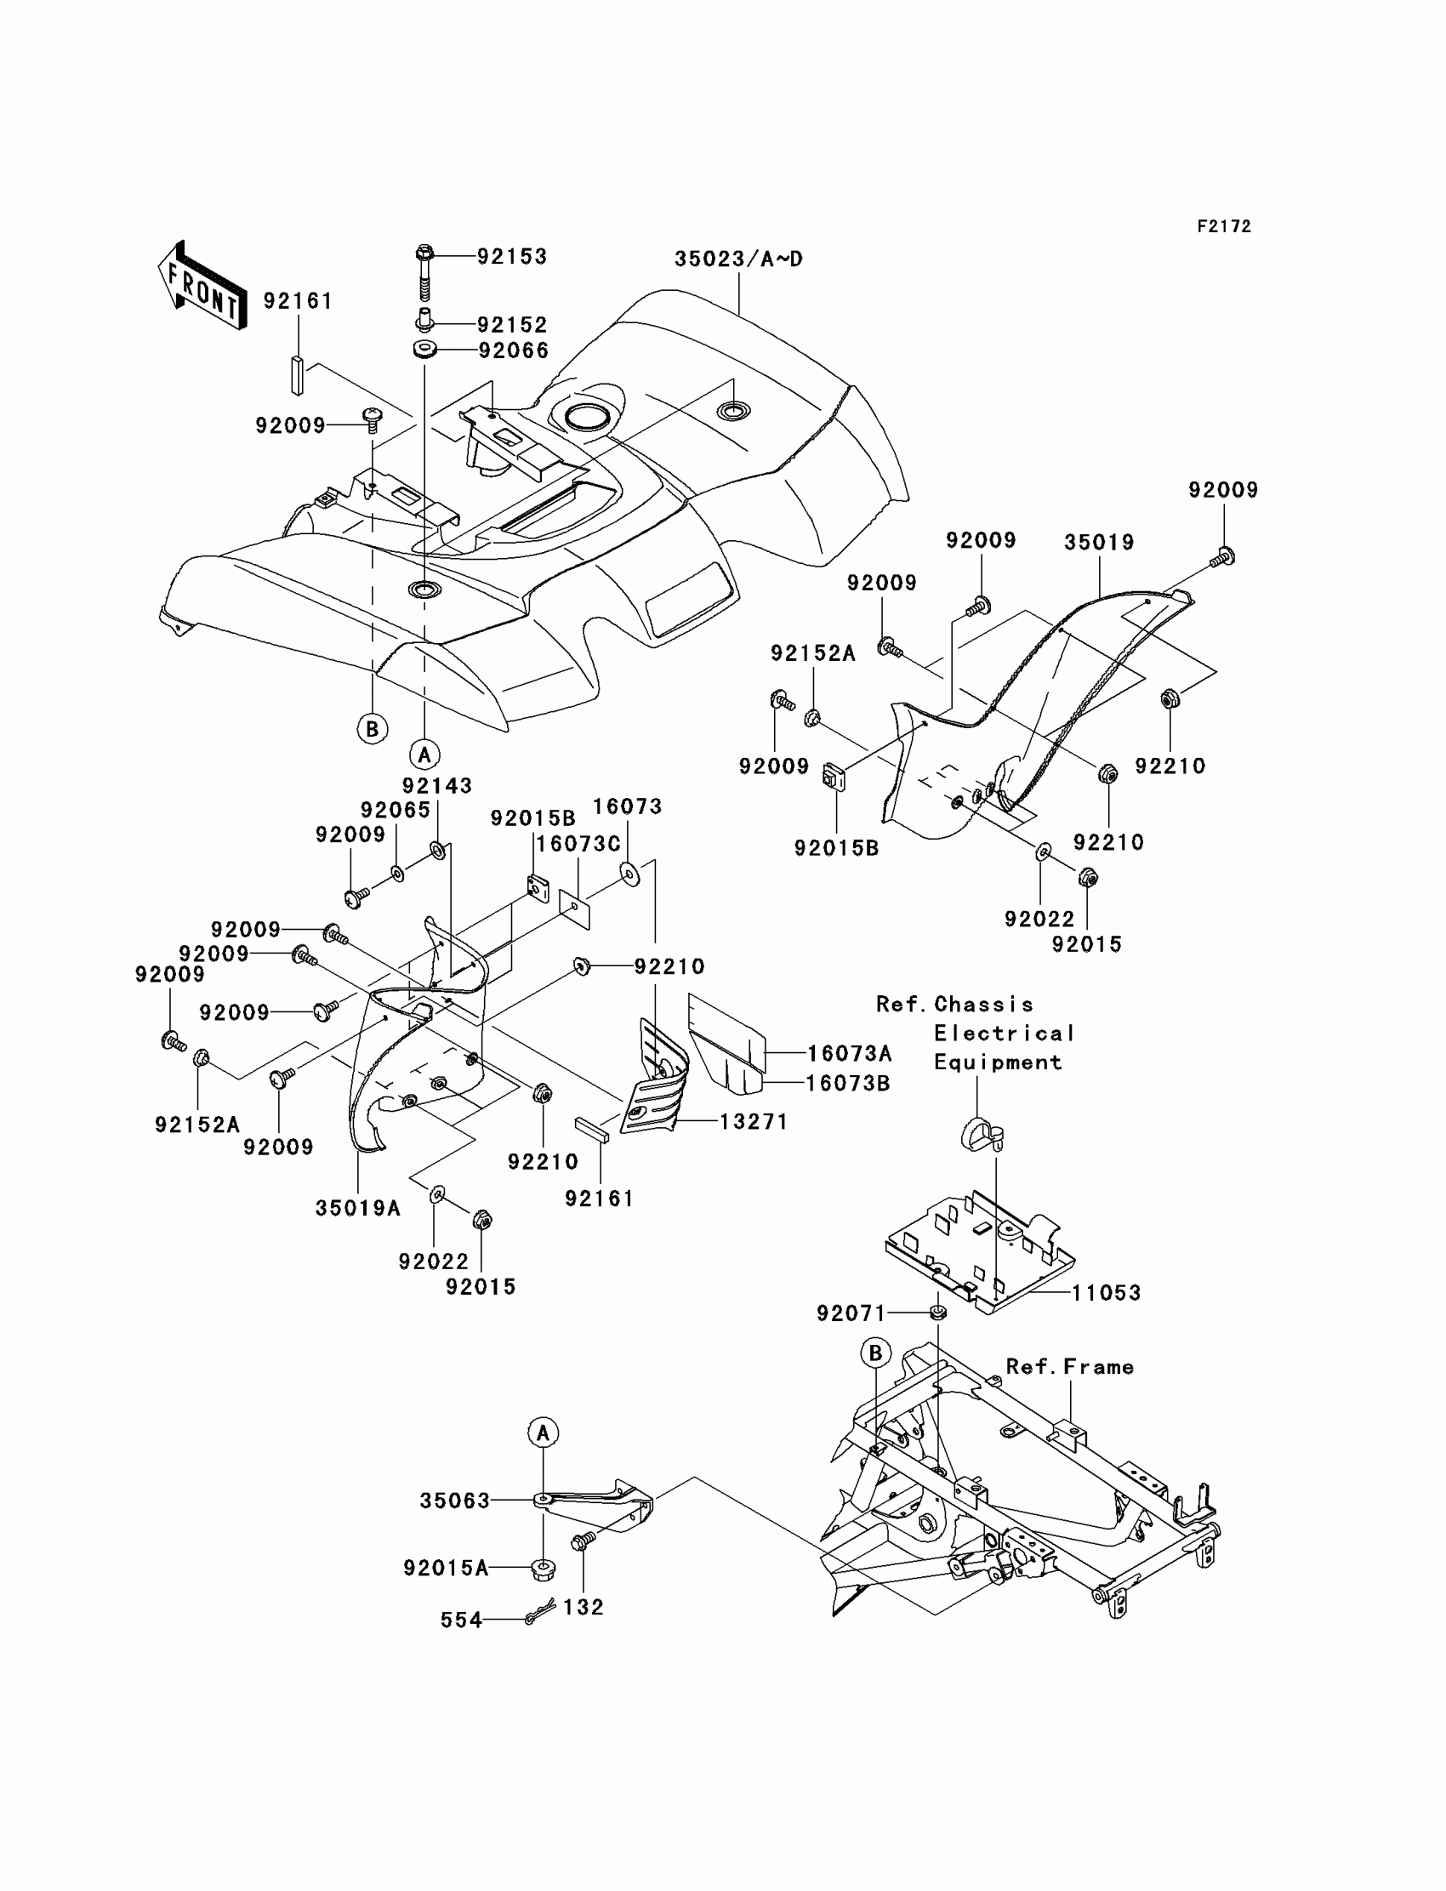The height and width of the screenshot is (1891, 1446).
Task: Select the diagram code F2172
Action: [x=1224, y=226]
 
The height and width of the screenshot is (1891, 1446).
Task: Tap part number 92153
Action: [x=512, y=257]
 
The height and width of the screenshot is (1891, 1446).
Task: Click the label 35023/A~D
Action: [x=737, y=259]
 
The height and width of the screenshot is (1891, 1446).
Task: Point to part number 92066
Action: [x=513, y=350]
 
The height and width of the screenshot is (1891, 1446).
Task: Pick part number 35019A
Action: [x=358, y=1209]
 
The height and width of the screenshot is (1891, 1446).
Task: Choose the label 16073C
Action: [x=578, y=844]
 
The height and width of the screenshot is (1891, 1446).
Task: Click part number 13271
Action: [x=753, y=1121]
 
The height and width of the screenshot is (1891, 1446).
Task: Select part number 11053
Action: [x=1106, y=1293]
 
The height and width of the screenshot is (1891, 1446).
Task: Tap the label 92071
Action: [x=851, y=1313]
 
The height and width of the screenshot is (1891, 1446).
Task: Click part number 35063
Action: [x=454, y=1501]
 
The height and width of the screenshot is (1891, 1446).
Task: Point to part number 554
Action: [x=461, y=1620]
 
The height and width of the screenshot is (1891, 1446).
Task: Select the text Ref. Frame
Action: [x=1070, y=1367]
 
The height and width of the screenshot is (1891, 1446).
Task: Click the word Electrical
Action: [x=1005, y=1033]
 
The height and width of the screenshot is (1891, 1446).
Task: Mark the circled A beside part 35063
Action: [x=544, y=1433]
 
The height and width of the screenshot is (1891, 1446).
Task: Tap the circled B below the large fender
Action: [x=372, y=729]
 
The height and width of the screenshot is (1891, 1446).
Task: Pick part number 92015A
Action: [x=446, y=1569]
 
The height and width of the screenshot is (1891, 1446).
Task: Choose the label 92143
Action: [x=437, y=785]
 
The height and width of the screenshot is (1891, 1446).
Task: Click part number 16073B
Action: [x=847, y=1083]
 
